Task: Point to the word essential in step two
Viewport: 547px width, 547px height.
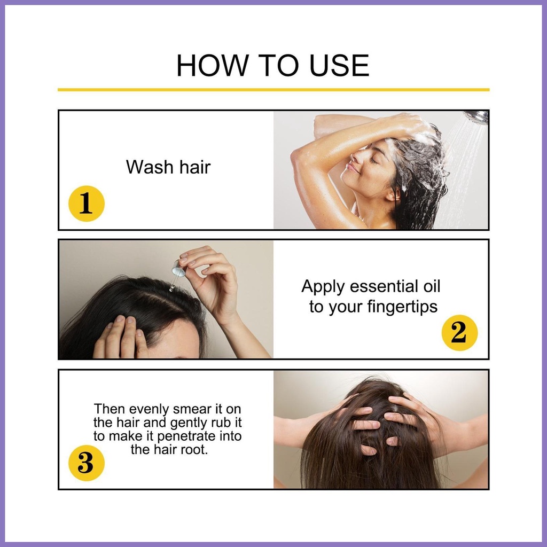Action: click(380, 286)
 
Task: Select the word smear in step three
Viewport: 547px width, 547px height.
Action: click(192, 410)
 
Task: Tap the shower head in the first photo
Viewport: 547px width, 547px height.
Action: click(476, 117)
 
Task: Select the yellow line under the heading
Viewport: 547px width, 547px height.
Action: click(273, 90)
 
